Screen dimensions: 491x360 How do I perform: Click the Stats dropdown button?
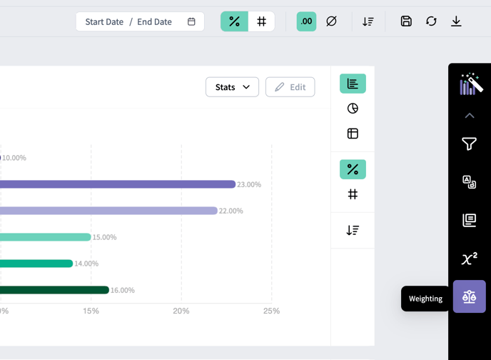pos(232,87)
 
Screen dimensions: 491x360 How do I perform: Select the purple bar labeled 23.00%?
pos(118,184)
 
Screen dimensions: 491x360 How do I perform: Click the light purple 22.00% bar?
pos(108,211)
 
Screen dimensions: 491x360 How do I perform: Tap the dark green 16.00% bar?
pos(54,290)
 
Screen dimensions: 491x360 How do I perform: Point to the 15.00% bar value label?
pos(105,237)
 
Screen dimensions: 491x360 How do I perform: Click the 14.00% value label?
pos(86,264)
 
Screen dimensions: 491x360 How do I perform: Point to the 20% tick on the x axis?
pos(181,311)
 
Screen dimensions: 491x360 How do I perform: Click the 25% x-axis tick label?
pos(271,311)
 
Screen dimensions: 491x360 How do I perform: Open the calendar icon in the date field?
pos(191,21)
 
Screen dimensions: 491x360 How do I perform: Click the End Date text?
pos(154,22)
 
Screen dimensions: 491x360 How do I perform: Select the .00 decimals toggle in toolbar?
pos(306,21)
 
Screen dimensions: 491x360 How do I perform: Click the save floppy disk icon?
pos(406,21)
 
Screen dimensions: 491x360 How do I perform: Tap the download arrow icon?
pos(456,21)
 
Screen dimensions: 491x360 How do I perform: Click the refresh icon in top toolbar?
pos(431,21)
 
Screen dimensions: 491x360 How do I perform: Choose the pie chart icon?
pos(353,109)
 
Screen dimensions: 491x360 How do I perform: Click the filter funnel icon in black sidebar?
pos(469,144)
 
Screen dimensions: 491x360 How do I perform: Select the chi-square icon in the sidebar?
pos(470,259)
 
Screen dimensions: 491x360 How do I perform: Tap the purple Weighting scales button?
pos(470,296)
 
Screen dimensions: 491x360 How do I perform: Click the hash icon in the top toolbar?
pos(261,21)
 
